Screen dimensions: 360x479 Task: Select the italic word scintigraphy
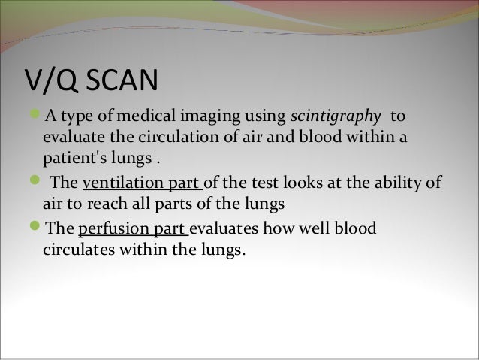[x=331, y=116]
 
